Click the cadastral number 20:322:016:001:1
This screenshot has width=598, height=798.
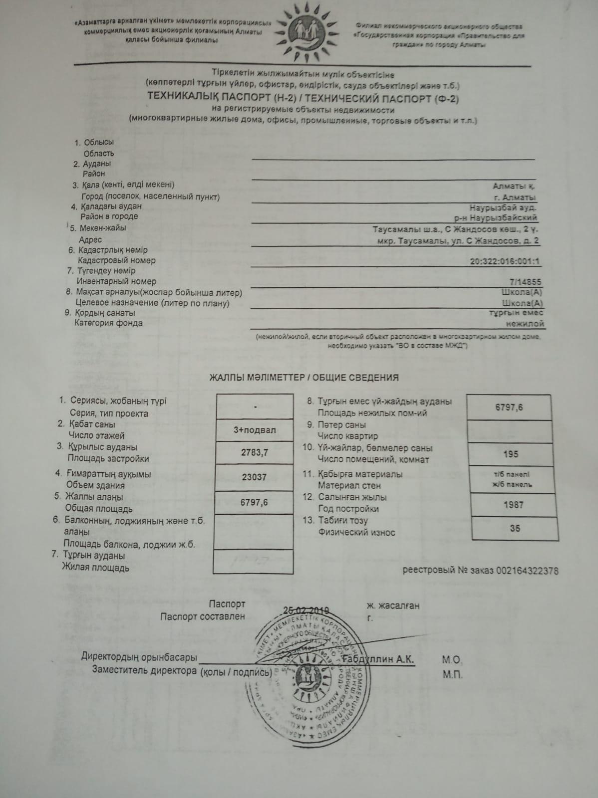tap(505, 261)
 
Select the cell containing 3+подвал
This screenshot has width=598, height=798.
tap(255, 430)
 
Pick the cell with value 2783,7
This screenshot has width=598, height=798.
tap(255, 453)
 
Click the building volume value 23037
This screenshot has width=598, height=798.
tap(254, 477)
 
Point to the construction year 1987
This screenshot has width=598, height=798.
tap(514, 505)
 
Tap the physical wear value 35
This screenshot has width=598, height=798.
tap(515, 528)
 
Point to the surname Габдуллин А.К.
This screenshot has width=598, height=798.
tap(378, 659)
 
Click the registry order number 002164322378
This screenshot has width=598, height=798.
tap(527, 571)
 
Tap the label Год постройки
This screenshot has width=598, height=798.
tap(348, 509)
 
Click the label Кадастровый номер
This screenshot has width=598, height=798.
tap(117, 260)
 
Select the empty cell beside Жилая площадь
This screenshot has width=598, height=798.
tap(253, 561)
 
